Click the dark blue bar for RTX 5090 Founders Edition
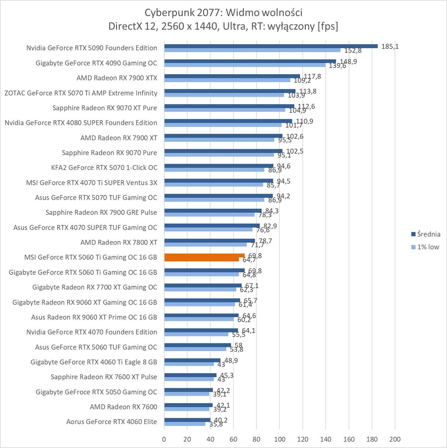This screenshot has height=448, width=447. pyautogui.click(x=270, y=46)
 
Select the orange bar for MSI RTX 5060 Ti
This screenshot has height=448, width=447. pyautogui.click(x=204, y=255)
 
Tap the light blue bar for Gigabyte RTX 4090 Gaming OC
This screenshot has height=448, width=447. pyautogui.click(x=244, y=65)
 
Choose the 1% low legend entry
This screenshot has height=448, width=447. pyautogui.click(x=427, y=247)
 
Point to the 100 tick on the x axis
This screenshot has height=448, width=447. pyautogui.click(x=279, y=439)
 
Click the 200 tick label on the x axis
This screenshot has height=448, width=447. pyautogui.click(x=395, y=439)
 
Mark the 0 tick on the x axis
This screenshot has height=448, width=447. pyautogui.click(x=164, y=439)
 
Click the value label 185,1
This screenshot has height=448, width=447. pyautogui.click(x=390, y=46)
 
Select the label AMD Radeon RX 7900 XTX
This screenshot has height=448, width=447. pyautogui.click(x=117, y=78)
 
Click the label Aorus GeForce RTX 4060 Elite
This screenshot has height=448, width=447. pyautogui.click(x=112, y=422)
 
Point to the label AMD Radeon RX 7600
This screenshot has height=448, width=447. pyautogui.click(x=124, y=407)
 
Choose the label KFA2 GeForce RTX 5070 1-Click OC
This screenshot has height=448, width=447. pyautogui.click(x=104, y=168)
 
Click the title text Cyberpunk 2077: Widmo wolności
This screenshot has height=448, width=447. pyautogui.click(x=223, y=13)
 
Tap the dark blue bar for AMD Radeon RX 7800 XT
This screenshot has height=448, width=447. pyautogui.click(x=209, y=240)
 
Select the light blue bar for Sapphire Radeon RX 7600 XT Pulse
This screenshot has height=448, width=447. pyautogui.click(x=189, y=379)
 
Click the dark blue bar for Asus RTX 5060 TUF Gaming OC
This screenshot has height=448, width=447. pyautogui.click(x=197, y=345)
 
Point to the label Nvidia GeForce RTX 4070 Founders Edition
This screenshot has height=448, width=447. pyautogui.click(x=92, y=332)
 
